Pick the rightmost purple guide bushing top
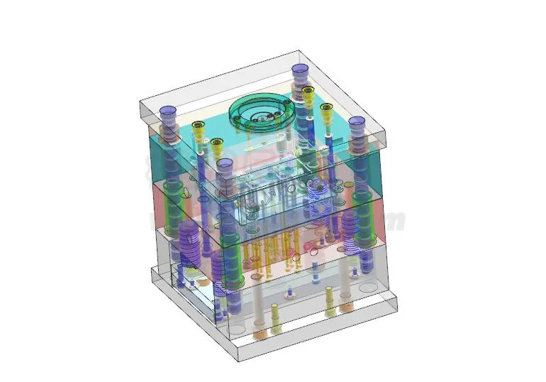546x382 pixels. (x=356, y=122)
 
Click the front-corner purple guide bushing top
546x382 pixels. (x=225, y=165)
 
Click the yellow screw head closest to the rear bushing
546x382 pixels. (x=308, y=91)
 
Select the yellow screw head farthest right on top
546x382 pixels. (x=326, y=108)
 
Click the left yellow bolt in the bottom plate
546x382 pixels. (x=275, y=328)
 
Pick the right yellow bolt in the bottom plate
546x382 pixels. (x=330, y=311)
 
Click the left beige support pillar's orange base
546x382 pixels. (x=259, y=332)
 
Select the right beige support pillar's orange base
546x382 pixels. (x=346, y=307)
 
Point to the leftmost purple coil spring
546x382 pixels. (x=189, y=238)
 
